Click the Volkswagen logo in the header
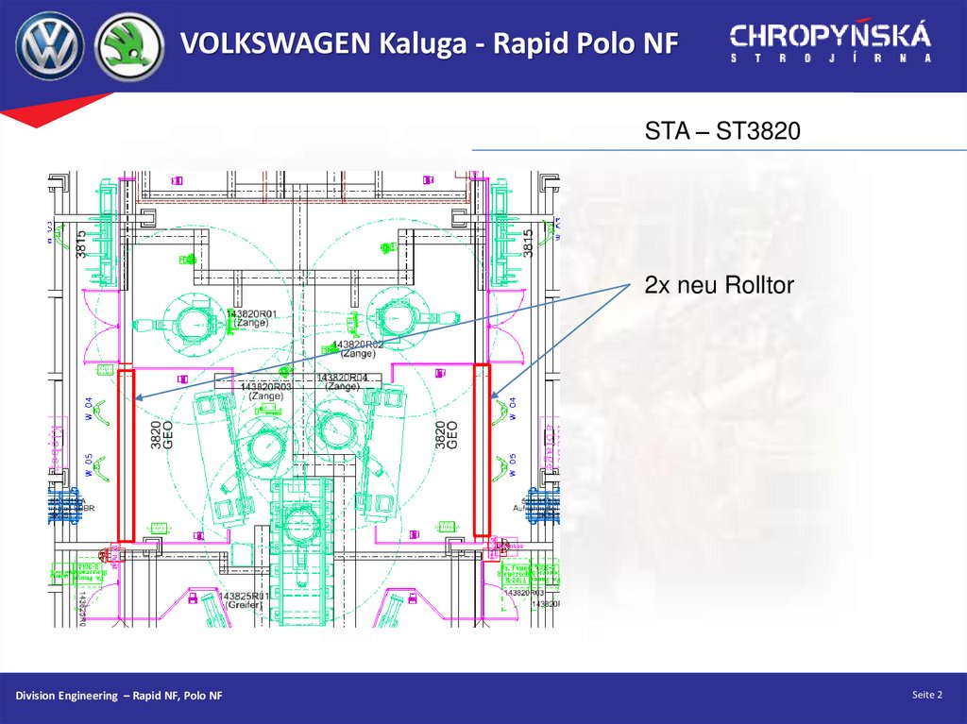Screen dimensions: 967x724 tap(49, 44)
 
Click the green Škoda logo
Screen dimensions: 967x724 tap(129, 44)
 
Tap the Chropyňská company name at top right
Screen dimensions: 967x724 tap(830, 37)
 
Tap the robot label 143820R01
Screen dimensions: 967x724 tap(251, 313)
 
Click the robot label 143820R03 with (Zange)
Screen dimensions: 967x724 tap(266, 387)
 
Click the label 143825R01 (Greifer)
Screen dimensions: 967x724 tap(245, 598)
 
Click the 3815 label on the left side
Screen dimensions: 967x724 tap(82, 244)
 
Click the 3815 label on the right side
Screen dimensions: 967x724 tap(529, 244)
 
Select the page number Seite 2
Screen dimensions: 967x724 tap(927, 696)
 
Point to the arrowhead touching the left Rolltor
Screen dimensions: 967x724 tap(138, 397)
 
